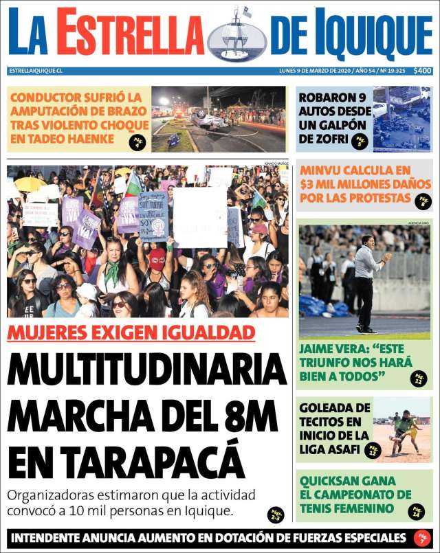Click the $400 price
(x=422, y=71)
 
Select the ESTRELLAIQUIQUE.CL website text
(x=36, y=71)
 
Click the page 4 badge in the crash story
(x=137, y=142)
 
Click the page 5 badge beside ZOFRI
(x=359, y=142)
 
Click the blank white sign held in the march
(x=199, y=217)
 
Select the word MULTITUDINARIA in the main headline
(x=146, y=372)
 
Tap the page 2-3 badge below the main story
(x=276, y=515)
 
